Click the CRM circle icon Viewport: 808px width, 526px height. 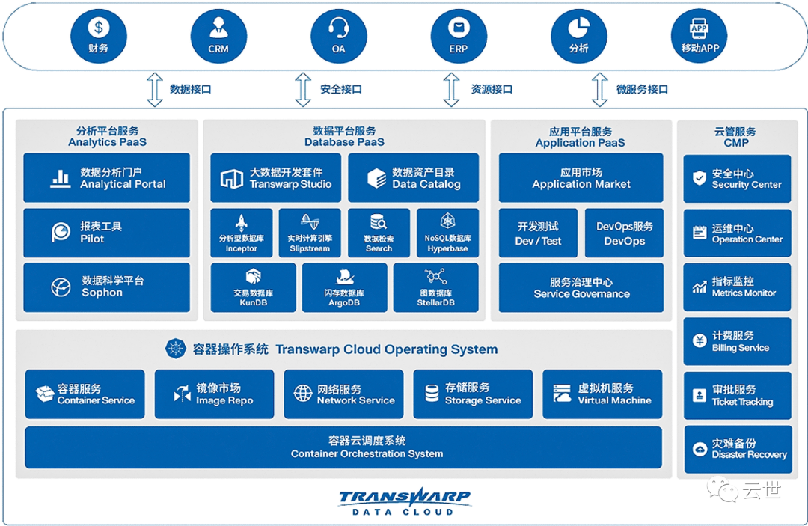coord(218,36)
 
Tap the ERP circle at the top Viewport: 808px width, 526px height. coord(459,36)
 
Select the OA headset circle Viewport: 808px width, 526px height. coord(339,36)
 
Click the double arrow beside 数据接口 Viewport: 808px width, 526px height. coord(155,90)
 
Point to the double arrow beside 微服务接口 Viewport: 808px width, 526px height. coord(599,90)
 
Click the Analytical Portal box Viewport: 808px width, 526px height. coord(107,177)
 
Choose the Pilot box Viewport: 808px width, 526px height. coord(107,233)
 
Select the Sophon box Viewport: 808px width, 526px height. coord(107,287)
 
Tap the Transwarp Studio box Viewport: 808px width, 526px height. coord(275,177)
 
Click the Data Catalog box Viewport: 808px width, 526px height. coord(413,177)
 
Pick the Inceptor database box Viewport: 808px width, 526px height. coord(241,233)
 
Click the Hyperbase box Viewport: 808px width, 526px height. coord(448,233)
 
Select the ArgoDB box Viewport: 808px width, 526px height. coord(344,287)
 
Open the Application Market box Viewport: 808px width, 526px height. coord(581,177)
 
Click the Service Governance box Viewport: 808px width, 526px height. coord(581,287)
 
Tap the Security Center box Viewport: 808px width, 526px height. coord(737,178)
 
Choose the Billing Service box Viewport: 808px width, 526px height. coord(737,341)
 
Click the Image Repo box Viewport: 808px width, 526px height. coord(215,394)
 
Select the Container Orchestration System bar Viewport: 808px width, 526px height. coord(343,447)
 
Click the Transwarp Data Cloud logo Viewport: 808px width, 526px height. coord(404,501)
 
